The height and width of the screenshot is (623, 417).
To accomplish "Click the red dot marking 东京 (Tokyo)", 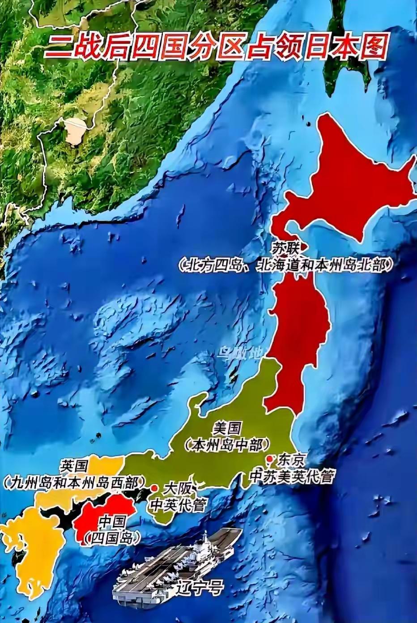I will [x=269, y=458].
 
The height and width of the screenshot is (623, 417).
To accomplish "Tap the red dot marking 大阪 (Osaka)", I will [x=154, y=487].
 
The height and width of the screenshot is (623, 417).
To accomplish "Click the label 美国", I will [x=228, y=429].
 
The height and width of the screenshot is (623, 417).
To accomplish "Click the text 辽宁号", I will [x=200, y=587].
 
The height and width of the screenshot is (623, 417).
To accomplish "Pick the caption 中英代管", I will [x=178, y=505].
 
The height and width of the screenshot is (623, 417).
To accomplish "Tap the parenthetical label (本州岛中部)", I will [x=228, y=444].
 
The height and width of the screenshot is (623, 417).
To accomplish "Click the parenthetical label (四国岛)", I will [x=112, y=537].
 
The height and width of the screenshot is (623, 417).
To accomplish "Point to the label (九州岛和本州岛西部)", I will [x=74, y=482].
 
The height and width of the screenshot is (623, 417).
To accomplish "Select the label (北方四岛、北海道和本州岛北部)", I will [x=285, y=265].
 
